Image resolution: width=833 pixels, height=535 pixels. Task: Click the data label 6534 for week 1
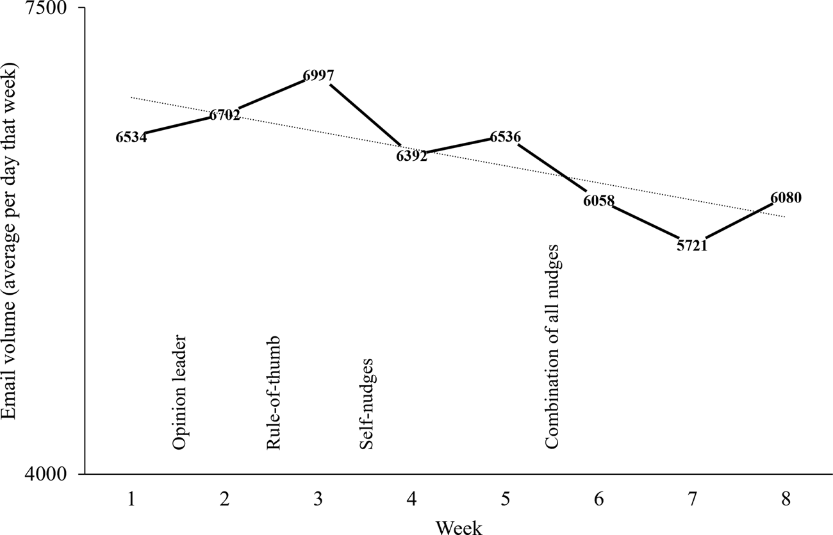pyautogui.click(x=131, y=137)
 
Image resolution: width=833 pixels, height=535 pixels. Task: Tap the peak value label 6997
pyautogui.click(x=318, y=76)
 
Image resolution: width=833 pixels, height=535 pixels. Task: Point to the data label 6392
pyautogui.click(x=411, y=156)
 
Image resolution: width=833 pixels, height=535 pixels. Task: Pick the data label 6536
pyautogui.click(x=506, y=137)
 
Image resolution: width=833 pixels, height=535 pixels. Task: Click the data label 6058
pyautogui.click(x=598, y=201)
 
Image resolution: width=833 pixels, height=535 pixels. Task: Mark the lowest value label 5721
pyautogui.click(x=691, y=245)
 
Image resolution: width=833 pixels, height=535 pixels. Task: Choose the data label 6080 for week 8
pyautogui.click(x=786, y=198)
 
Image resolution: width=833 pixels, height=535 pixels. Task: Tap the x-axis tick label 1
pyautogui.click(x=131, y=498)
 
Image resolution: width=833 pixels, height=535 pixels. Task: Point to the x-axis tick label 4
pyautogui.click(x=411, y=498)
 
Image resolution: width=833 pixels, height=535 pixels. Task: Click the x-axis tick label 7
pyautogui.click(x=692, y=498)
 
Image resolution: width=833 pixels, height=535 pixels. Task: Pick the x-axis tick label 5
pyautogui.click(x=505, y=498)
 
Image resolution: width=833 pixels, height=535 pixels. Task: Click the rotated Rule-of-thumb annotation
pyautogui.click(x=274, y=392)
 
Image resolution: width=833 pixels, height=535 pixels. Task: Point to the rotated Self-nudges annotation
pyautogui.click(x=367, y=404)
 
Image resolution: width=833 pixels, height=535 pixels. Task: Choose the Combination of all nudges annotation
pyautogui.click(x=552, y=347)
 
